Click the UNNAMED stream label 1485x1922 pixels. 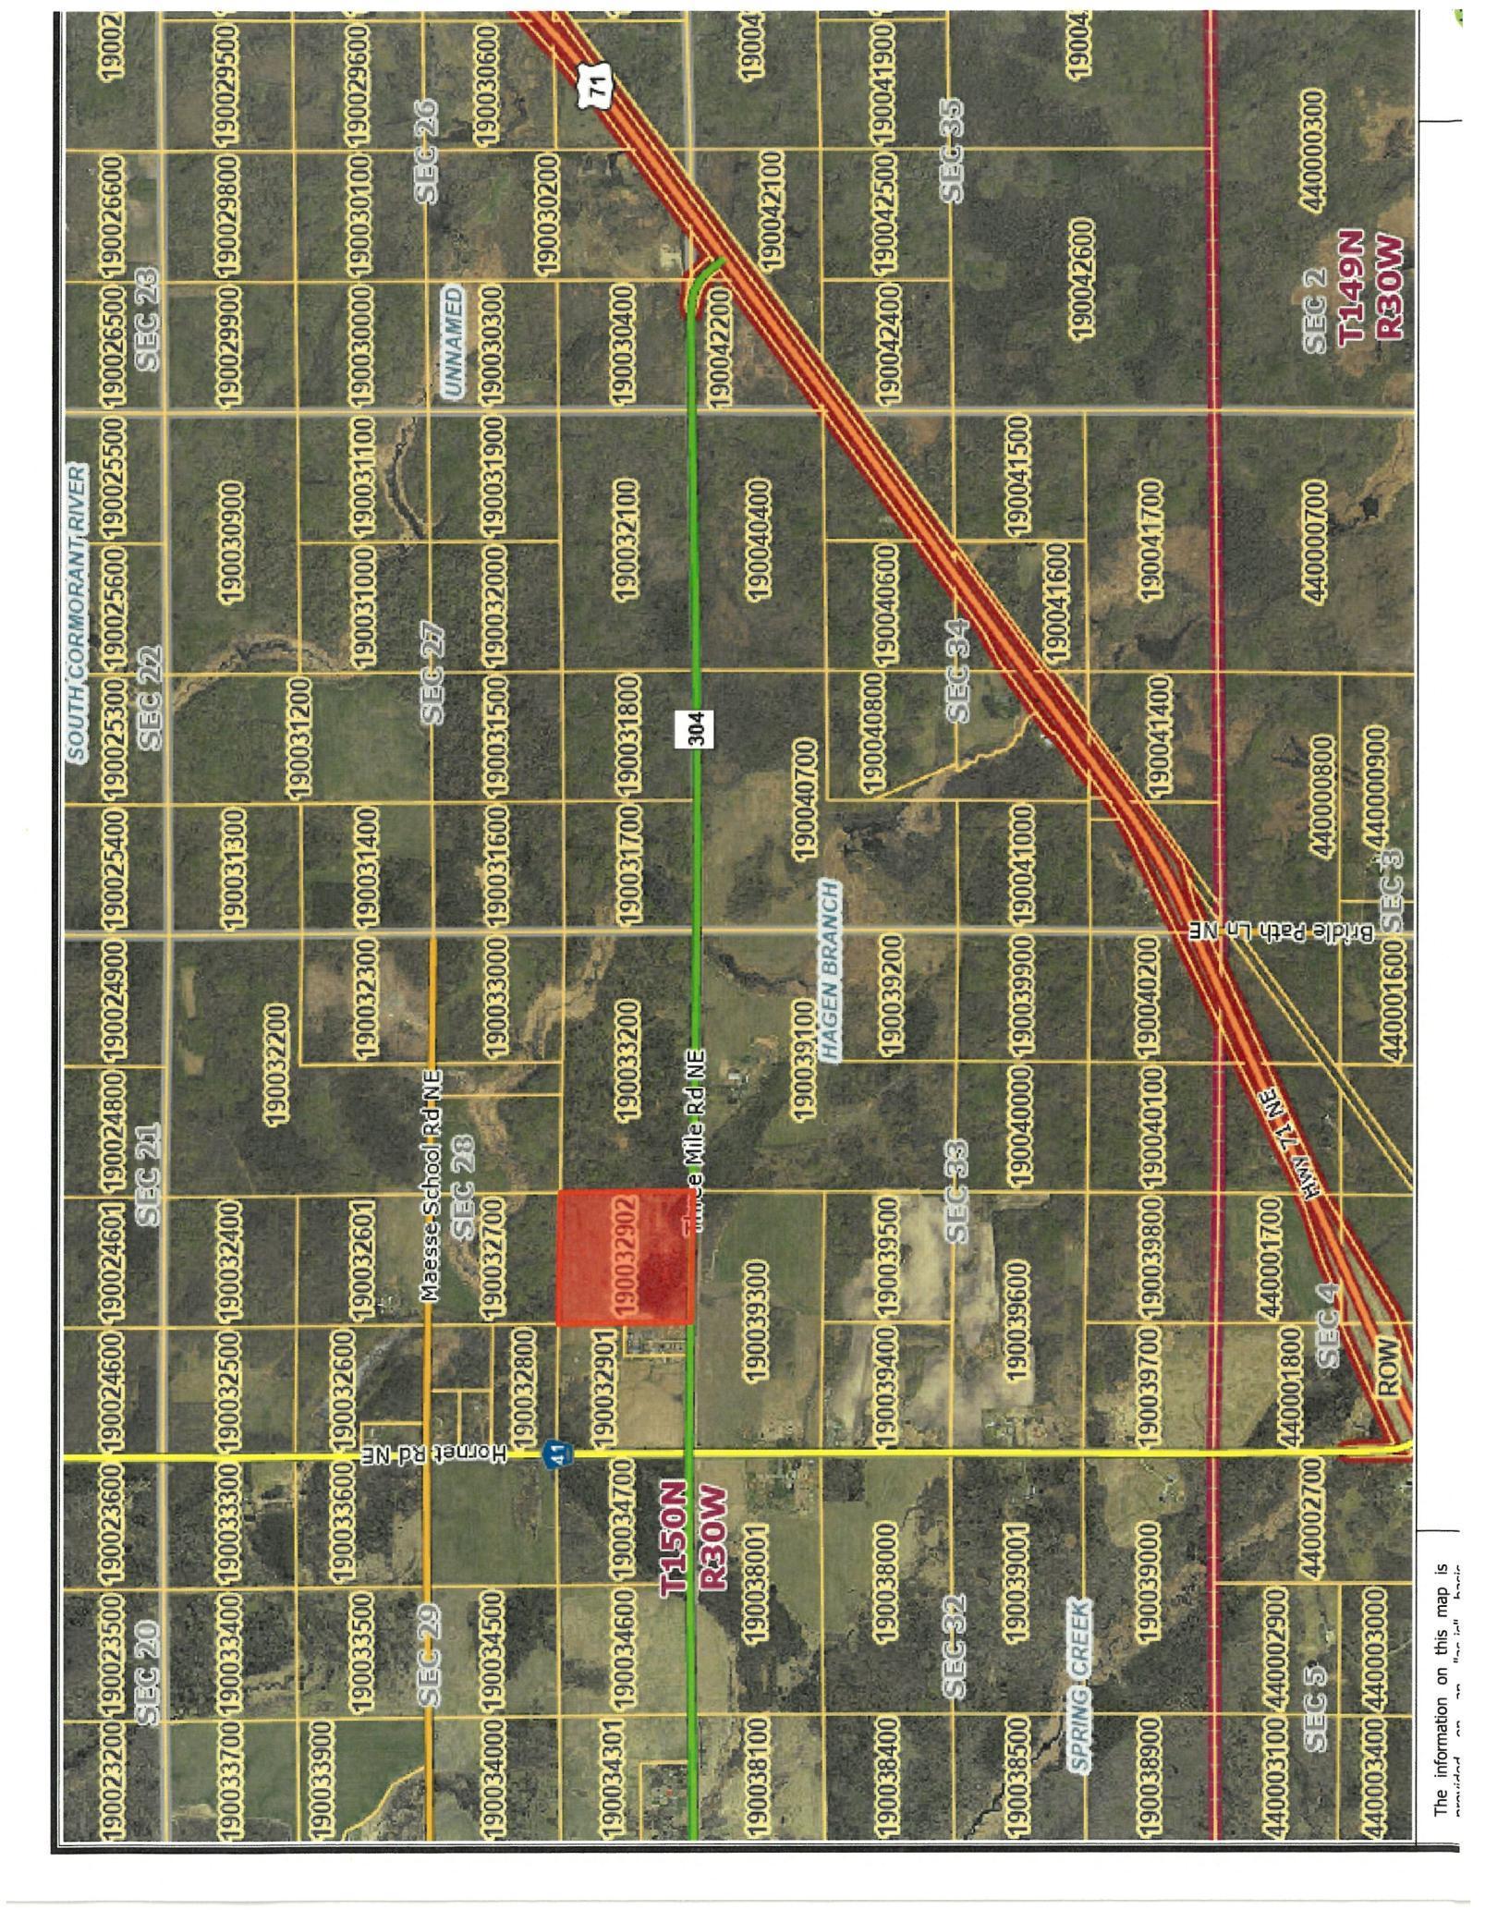(453, 341)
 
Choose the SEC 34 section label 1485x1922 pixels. (957, 670)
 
